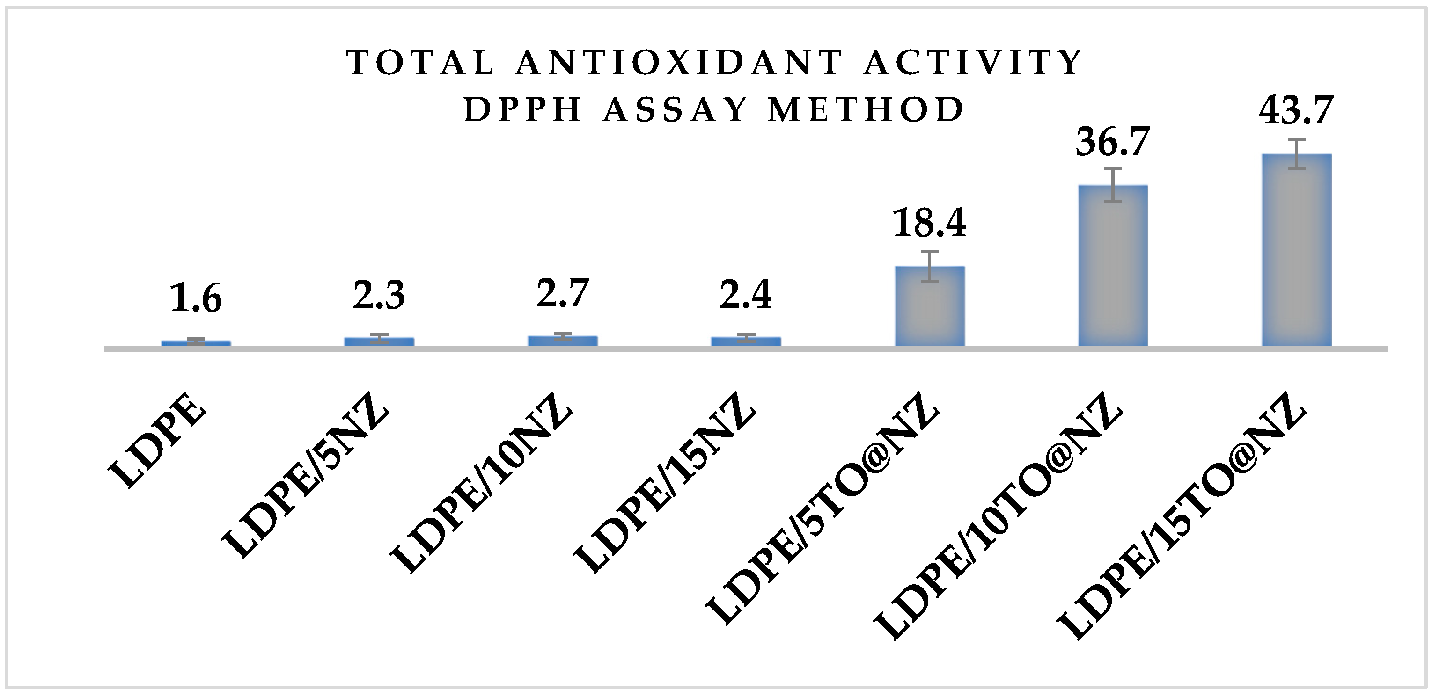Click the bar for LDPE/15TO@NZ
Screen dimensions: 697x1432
click(x=1296, y=250)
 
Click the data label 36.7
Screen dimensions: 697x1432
click(x=1112, y=142)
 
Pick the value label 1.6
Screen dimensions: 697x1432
click(x=196, y=299)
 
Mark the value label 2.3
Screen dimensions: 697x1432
click(x=379, y=296)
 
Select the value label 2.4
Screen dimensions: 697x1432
click(x=746, y=296)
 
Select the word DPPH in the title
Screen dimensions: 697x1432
click(x=522, y=109)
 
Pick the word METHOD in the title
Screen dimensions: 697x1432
click(x=866, y=109)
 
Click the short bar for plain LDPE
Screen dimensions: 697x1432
click(x=196, y=343)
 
